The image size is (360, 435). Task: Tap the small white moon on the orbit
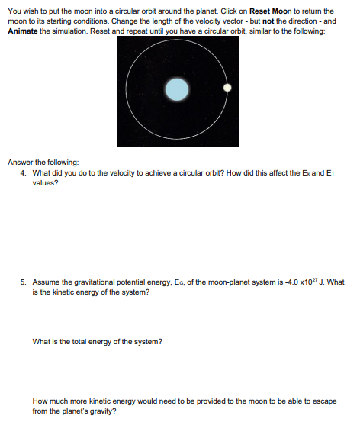click(227, 88)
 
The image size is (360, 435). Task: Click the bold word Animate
click(24, 30)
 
